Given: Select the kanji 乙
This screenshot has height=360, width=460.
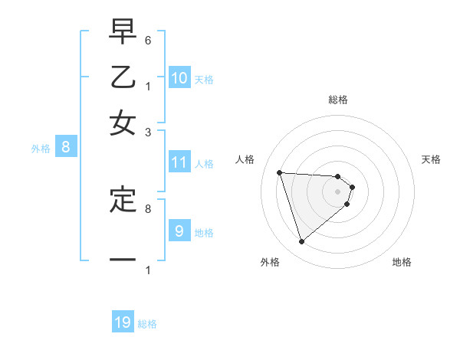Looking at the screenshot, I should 123,77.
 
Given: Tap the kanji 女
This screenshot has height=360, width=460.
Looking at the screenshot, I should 123,123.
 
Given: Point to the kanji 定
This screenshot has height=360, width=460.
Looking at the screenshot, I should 123,198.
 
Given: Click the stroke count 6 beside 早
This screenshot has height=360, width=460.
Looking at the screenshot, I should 148,40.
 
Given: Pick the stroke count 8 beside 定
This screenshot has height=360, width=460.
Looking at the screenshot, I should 148,208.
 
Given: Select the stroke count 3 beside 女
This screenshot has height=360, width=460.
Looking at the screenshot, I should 148,132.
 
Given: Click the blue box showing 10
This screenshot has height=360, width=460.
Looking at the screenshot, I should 179,77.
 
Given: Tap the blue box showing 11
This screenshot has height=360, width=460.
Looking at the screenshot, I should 179,162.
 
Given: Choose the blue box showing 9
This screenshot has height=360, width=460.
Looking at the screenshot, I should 179,231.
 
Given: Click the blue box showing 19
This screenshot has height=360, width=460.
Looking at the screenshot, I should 123,322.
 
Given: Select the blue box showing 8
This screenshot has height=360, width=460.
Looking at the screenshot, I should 66,148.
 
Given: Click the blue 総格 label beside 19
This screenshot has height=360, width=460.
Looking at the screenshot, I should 147,324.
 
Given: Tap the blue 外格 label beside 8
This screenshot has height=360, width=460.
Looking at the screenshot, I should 41,149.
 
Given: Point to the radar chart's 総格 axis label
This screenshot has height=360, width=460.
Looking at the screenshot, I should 338,100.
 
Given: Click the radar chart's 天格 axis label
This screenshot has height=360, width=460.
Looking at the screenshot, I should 431,159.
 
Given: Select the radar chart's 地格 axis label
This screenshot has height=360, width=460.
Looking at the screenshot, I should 402,262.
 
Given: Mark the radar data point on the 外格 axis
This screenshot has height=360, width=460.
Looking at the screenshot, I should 302,242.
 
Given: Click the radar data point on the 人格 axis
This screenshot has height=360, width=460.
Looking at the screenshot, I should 280,172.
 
